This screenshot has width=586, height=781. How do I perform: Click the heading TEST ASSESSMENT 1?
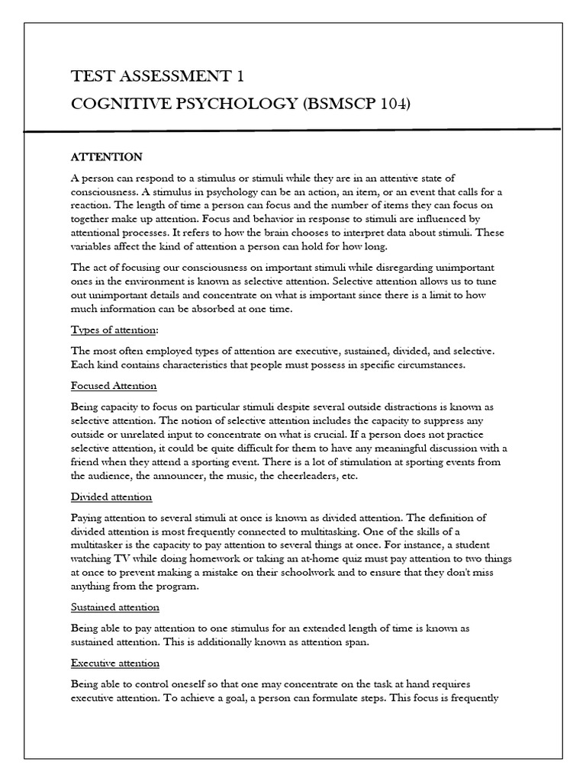tap(158, 76)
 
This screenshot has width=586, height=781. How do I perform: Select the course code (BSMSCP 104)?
tap(356, 103)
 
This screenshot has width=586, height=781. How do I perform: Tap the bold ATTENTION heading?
tap(106, 157)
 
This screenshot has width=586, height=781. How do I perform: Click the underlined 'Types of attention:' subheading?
tap(115, 329)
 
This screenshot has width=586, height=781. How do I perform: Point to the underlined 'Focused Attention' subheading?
tap(114, 386)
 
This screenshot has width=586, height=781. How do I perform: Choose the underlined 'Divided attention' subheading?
tap(111, 497)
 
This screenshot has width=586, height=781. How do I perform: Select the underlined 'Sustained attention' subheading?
tap(115, 607)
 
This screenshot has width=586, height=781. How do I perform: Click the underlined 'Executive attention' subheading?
tap(115, 663)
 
